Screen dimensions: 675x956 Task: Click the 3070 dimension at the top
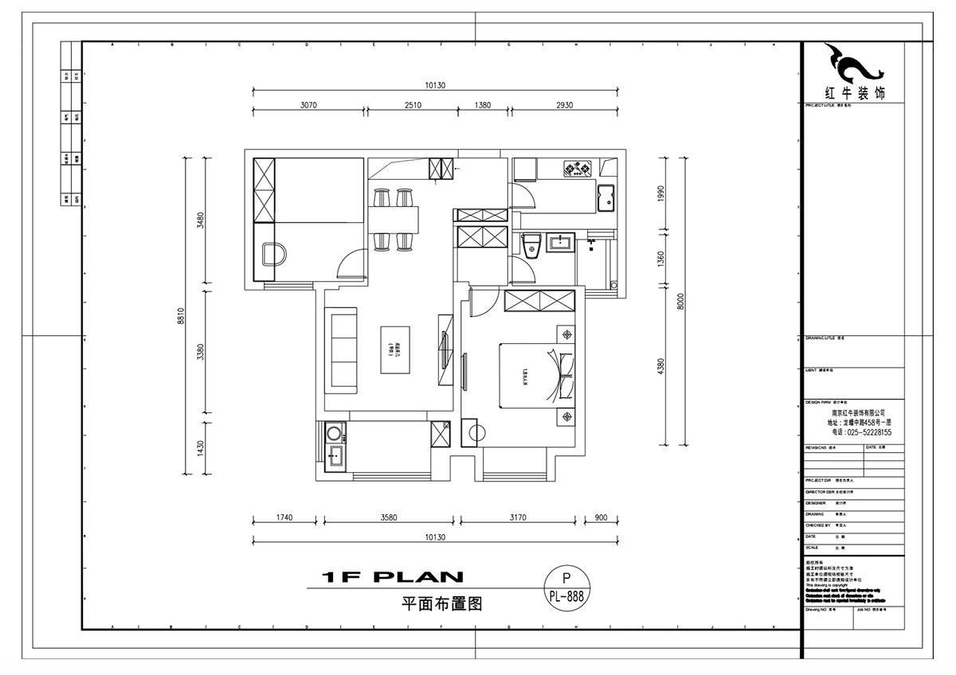(x=308, y=105)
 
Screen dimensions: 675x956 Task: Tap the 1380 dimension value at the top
(x=483, y=105)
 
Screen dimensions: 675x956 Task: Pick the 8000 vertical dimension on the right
(x=680, y=303)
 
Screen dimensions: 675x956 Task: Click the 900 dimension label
(x=601, y=518)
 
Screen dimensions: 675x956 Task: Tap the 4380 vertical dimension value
(x=660, y=367)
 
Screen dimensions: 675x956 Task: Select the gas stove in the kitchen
(x=577, y=168)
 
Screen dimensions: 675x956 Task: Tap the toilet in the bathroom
(x=531, y=246)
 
